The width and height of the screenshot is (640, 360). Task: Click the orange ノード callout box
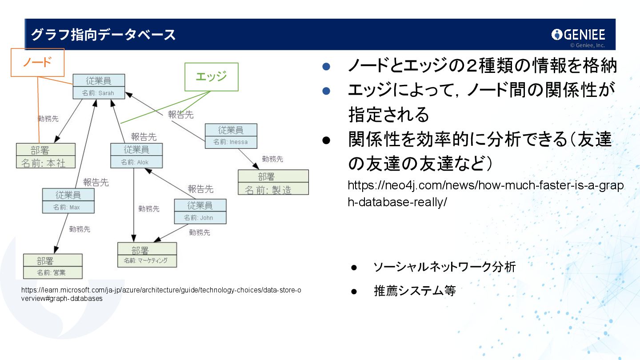pyautogui.click(x=38, y=63)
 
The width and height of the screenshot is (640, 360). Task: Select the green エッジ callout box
pyautogui.click(x=211, y=77)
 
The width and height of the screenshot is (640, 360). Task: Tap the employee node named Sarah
pyautogui.click(x=99, y=87)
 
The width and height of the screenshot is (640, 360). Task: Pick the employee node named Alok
pyautogui.click(x=136, y=156)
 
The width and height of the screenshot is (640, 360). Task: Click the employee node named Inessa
pyautogui.click(x=231, y=136)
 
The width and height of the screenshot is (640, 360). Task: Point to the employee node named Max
pyautogui.click(x=68, y=201)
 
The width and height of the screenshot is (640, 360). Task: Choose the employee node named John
pyautogui.click(x=200, y=212)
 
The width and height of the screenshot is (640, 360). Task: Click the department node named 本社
pyautogui.click(x=45, y=156)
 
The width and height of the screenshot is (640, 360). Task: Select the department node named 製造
pyautogui.click(x=273, y=183)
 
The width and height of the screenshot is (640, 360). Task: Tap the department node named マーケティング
pyautogui.click(x=147, y=255)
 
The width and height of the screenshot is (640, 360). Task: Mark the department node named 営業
pyautogui.click(x=53, y=266)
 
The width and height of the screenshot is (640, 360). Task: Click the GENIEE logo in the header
pyautogui.click(x=578, y=35)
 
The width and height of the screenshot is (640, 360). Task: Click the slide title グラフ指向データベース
pyautogui.click(x=103, y=35)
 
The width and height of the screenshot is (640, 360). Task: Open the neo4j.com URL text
pyautogui.click(x=485, y=193)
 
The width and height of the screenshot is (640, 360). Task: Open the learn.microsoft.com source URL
pyautogui.click(x=161, y=294)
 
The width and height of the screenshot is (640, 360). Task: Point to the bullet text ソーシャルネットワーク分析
pyautogui.click(x=444, y=267)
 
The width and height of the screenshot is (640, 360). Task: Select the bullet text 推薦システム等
pyautogui.click(x=415, y=291)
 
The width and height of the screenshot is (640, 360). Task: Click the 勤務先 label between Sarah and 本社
pyautogui.click(x=48, y=119)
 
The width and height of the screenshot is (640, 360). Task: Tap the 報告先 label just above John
pyautogui.click(x=200, y=189)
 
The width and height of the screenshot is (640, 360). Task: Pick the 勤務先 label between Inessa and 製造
pyautogui.click(x=272, y=159)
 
